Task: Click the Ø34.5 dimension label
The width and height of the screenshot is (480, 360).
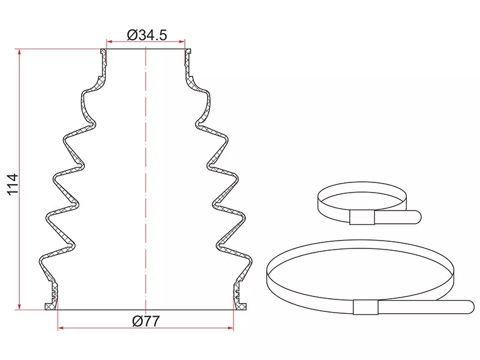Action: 147,35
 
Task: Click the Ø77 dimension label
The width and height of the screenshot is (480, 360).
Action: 146,321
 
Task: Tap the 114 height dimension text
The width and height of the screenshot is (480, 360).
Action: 13,185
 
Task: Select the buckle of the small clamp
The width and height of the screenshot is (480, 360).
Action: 362,217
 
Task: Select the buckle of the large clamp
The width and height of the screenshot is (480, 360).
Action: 366,307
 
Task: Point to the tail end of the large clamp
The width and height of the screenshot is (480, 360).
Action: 468,307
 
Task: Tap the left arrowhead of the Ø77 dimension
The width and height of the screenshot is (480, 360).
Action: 61,328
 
